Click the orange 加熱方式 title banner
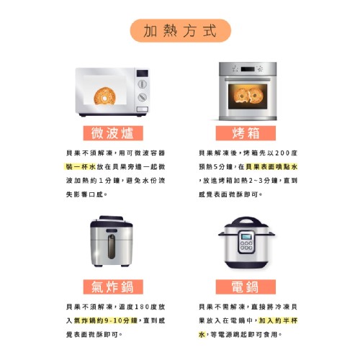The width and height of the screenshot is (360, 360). [x=180, y=31]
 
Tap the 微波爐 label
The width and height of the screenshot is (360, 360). [x=113, y=133]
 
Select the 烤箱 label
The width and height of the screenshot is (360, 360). [x=246, y=133]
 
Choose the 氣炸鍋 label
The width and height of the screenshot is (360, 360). [x=113, y=287]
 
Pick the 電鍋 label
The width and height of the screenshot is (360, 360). [x=246, y=287]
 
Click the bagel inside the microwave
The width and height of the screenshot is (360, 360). [x=104, y=96]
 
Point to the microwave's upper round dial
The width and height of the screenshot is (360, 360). [x=142, y=84]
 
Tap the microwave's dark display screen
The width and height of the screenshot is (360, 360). [x=142, y=73]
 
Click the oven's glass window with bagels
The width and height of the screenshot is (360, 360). [x=248, y=96]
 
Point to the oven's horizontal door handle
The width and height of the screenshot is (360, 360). [x=248, y=79]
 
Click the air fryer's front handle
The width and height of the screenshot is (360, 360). [x=111, y=247]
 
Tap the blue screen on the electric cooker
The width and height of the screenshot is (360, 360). [x=246, y=237]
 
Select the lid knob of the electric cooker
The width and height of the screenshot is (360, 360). [x=246, y=220]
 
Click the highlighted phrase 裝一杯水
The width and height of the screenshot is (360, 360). [x=81, y=166]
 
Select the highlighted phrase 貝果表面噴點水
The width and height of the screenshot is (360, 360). [x=271, y=166]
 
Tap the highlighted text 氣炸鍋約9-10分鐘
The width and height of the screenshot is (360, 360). [x=106, y=320]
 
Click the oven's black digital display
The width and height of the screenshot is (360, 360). [x=248, y=69]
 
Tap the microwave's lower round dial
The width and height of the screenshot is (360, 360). [x=142, y=97]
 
